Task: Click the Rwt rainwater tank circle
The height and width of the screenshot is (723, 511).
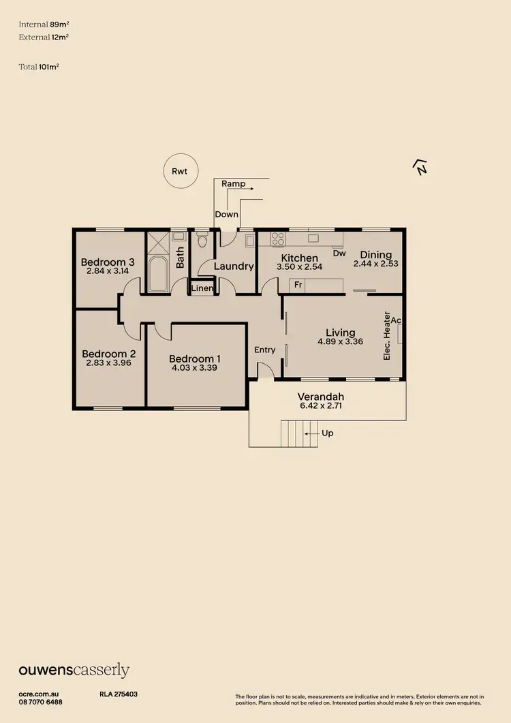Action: pos(181,172)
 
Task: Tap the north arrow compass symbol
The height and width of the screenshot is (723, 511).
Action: pos(421,166)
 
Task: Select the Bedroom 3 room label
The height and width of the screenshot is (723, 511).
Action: pos(108,262)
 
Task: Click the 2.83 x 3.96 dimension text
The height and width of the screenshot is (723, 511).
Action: pos(108,363)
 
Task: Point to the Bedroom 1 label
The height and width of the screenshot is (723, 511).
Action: pos(195,359)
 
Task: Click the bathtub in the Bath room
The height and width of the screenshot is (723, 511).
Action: pos(159,275)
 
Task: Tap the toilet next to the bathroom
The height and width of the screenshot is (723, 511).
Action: pos(202,241)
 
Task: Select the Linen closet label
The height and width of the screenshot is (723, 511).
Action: pos(202,289)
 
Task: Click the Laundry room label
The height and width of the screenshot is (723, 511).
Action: pos(234,266)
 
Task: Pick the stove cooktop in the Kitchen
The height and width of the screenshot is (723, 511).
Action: pos(278,239)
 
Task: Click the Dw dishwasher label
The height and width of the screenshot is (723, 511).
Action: pos(339,253)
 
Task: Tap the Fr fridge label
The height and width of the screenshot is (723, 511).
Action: pos(298,284)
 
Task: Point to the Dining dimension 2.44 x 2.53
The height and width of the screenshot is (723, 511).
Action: pos(375,264)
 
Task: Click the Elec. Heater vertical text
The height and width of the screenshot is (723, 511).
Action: pos(387,336)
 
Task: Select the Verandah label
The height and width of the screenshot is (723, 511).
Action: pos(321,397)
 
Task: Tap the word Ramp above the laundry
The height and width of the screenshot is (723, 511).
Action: pos(234,184)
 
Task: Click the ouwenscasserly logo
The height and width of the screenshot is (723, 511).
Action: pos(74,671)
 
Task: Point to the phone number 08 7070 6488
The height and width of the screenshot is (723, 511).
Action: pos(40,702)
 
